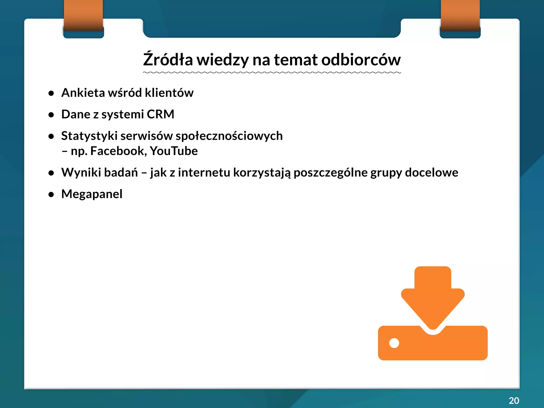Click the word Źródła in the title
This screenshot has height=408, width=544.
tap(168, 59)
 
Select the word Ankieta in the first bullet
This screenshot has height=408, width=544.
tap(83, 93)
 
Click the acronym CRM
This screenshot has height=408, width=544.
tap(160, 114)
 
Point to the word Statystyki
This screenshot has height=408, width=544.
tap(89, 136)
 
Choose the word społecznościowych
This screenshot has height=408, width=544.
tap(229, 136)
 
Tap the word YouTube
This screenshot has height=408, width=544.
tap(174, 151)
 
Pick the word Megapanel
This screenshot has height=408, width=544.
tap(92, 194)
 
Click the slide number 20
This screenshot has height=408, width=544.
tap(514, 400)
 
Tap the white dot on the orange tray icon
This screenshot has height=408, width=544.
tap(394, 343)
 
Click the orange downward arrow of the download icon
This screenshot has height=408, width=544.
tap(433, 297)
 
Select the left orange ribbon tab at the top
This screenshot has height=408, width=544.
tap(83, 16)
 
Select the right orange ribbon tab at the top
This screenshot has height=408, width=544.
tap(460, 16)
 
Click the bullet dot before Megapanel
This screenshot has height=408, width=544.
tap(51, 194)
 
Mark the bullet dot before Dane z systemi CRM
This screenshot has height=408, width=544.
tap(51, 115)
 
